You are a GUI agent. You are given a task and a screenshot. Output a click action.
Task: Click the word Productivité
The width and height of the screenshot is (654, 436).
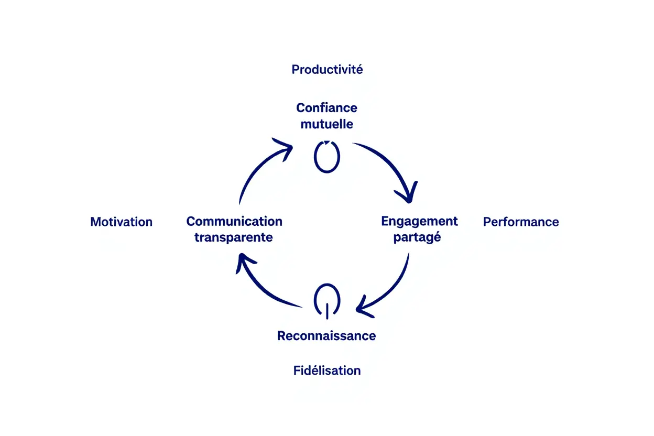[327, 69]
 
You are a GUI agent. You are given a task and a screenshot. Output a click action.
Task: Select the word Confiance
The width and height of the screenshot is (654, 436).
[326, 108]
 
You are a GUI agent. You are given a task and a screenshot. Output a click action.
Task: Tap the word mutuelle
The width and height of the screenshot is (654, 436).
[326, 125]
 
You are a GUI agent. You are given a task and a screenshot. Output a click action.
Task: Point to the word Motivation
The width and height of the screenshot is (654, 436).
[121, 222]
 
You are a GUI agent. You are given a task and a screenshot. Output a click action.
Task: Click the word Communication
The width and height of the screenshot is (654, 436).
[234, 221]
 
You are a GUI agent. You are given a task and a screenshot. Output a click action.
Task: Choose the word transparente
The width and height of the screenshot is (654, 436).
[234, 237]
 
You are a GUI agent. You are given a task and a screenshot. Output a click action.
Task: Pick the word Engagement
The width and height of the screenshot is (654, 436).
[419, 221]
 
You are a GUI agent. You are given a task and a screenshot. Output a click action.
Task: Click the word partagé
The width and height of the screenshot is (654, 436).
[417, 237]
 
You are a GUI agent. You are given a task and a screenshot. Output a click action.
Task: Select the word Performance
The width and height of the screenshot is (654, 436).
[520, 222]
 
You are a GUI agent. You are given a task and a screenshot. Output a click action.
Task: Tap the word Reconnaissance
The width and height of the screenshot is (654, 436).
[326, 336]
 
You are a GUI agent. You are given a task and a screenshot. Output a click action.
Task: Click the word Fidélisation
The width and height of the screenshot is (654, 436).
[327, 370]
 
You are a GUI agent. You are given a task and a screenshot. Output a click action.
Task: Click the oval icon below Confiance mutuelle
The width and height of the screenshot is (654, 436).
[326, 156]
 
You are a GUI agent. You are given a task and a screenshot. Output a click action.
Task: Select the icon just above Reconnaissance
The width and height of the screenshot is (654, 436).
[326, 301]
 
